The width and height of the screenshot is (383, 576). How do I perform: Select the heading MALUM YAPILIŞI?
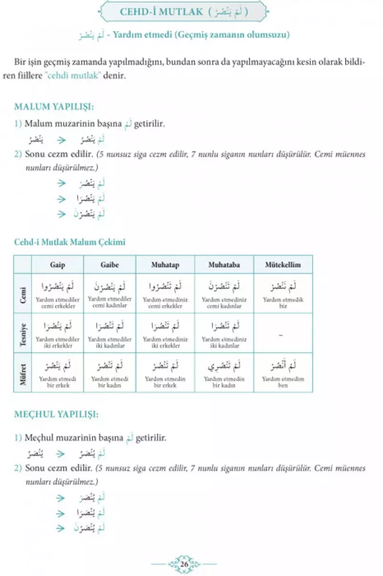54,106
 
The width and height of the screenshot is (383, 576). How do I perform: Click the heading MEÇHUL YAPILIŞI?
56,414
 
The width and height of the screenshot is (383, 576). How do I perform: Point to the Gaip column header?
57,265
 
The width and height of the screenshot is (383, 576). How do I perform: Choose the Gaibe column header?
110,265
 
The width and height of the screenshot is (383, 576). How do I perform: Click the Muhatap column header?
165,265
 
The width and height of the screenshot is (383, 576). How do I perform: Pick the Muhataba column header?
224,265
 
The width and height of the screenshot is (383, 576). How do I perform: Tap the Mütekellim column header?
283,265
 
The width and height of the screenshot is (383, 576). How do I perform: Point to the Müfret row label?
23,373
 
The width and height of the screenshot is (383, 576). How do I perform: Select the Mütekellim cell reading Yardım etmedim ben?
283,373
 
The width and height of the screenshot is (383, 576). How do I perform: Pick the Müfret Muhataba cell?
224,373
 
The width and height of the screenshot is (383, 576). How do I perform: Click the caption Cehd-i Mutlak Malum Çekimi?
69,242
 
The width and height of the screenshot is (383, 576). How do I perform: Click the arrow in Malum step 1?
61,140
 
